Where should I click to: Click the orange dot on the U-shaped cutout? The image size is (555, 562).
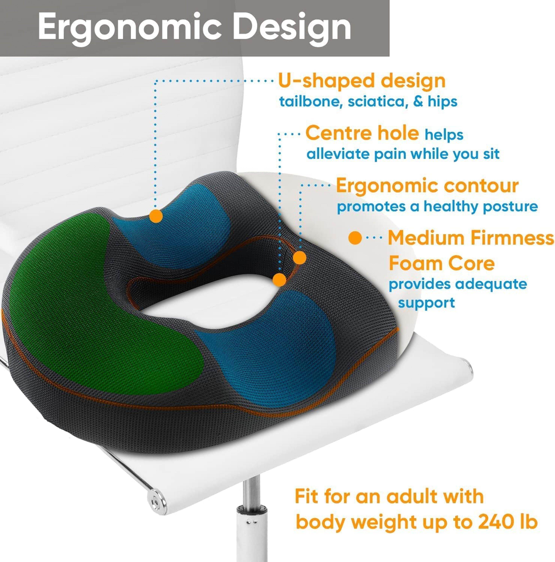(156, 216)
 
